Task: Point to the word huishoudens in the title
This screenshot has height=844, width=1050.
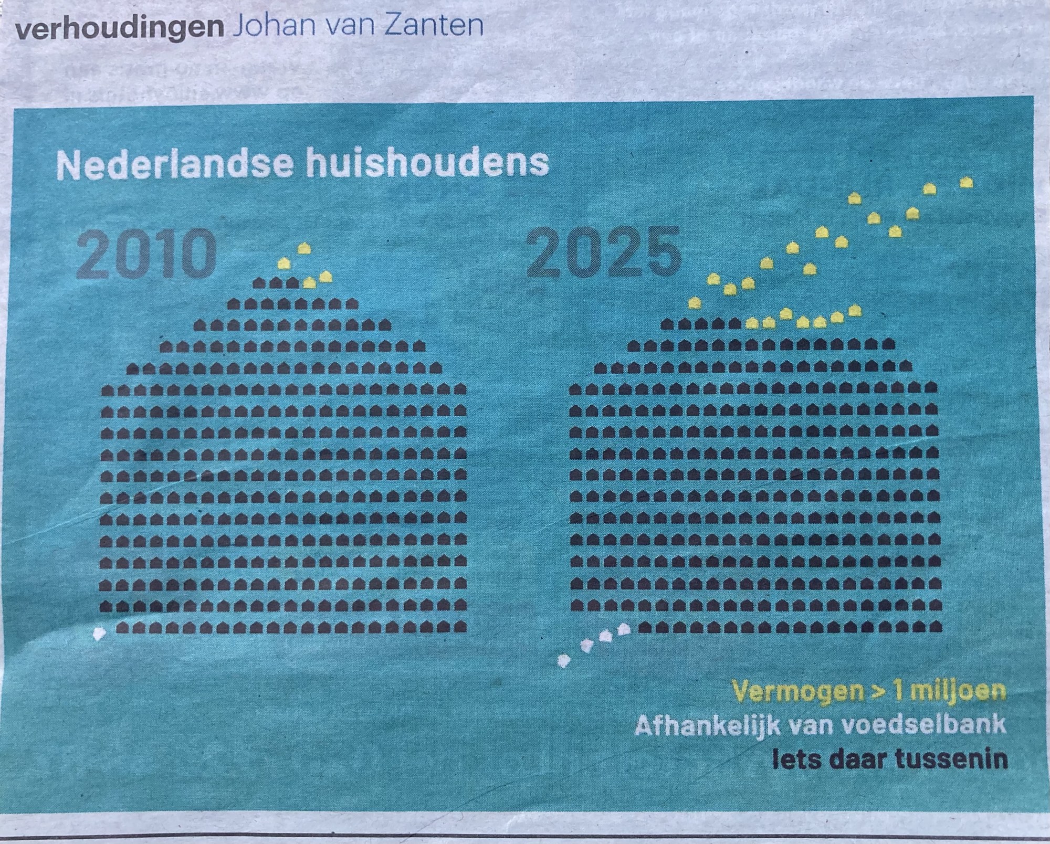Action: point(425,164)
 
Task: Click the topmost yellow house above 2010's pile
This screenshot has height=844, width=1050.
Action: point(304,248)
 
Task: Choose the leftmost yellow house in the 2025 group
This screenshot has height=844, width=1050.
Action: point(695,303)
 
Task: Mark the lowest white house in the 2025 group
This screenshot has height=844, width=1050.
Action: point(563,660)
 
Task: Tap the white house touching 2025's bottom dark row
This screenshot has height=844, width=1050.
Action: point(624,629)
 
